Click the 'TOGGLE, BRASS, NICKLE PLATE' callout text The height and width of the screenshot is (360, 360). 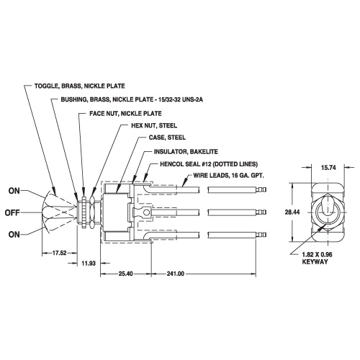tap(80, 86)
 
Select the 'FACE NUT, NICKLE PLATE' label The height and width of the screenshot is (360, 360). tap(125, 114)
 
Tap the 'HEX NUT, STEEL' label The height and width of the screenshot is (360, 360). tap(154, 125)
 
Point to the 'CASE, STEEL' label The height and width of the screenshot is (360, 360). tap(167, 138)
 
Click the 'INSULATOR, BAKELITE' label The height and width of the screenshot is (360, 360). tap(186, 152)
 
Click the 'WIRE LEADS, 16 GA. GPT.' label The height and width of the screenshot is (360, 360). tap(229, 176)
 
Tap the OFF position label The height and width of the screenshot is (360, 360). tap(12, 212)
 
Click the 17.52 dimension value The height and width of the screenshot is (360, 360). tap(59, 253)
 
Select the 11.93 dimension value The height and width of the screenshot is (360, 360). tap(89, 264)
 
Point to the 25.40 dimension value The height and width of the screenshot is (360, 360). tap(125, 274)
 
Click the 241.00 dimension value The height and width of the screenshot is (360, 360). tap(176, 274)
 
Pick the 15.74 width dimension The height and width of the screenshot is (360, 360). tap(328, 168)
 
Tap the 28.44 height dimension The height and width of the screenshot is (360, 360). tap(292, 212)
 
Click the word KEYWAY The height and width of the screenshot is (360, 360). tap(315, 262)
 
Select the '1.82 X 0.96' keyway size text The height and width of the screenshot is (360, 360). tap(317, 254)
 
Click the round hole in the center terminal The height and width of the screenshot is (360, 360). tap(146, 212)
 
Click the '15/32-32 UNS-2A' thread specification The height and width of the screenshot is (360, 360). tap(180, 99)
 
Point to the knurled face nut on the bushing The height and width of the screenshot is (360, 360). tap(84, 212)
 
